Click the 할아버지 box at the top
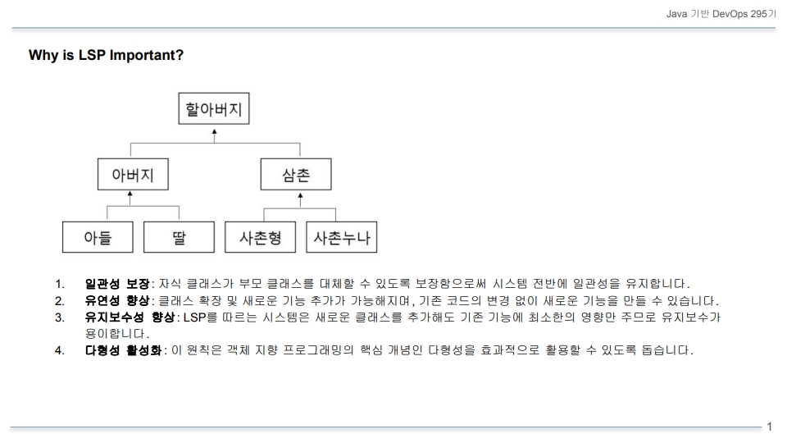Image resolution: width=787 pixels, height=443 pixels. point(214,108)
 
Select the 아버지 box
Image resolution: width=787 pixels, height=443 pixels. point(133,174)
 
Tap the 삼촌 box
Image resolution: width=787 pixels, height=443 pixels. point(296,174)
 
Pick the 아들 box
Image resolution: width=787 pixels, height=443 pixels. point(98,237)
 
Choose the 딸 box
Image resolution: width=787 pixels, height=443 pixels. point(180,237)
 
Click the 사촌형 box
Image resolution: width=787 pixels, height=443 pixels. point(261,237)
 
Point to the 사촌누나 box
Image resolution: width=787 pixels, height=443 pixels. point(342,237)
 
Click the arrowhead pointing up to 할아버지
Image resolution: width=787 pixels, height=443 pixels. point(214,132)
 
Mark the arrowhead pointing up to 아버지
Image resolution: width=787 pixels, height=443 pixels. point(130,194)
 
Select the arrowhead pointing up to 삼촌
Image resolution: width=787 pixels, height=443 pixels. point(300,196)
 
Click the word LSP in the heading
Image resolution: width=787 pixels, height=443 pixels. point(92,55)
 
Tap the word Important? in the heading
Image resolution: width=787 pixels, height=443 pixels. point(147,55)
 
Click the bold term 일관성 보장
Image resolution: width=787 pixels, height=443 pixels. point(117,284)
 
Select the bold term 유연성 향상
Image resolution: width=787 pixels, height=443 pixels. point(117,300)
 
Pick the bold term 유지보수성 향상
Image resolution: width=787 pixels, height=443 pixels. point(130,317)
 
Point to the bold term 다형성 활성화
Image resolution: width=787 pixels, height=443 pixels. point(124,349)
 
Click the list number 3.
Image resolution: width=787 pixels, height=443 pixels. point(59,317)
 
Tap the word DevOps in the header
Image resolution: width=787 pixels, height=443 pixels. point(730,14)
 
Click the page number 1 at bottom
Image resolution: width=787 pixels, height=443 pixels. point(770,427)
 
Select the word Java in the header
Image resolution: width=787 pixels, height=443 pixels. point(676,14)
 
